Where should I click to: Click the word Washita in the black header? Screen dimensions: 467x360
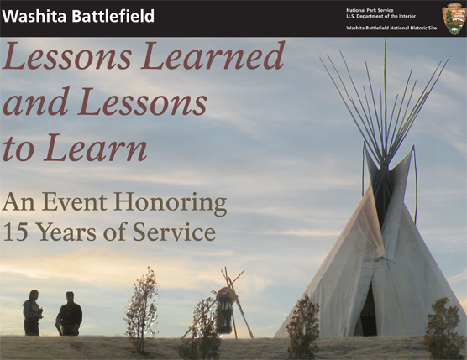click(34, 16)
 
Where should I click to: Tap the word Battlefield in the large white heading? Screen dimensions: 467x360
click(113, 16)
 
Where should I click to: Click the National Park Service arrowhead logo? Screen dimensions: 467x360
click(454, 18)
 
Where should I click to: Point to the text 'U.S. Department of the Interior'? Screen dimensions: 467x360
click(380, 17)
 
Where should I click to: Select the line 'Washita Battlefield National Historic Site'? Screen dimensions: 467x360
click(391, 28)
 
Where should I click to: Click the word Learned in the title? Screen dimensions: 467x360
click(213, 55)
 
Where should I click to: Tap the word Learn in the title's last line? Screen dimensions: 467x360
click(96, 147)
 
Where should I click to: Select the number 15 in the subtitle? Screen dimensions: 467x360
click(15, 232)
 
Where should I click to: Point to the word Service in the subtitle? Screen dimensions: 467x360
click(174, 232)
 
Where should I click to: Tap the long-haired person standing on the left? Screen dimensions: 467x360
click(33, 313)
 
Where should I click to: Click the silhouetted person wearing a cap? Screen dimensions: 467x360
click(69, 314)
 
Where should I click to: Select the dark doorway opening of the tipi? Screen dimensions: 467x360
click(368, 310)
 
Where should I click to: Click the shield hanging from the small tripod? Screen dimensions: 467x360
click(225, 310)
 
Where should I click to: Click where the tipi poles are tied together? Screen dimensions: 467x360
click(383, 165)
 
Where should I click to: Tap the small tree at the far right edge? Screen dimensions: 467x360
click(443, 329)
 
